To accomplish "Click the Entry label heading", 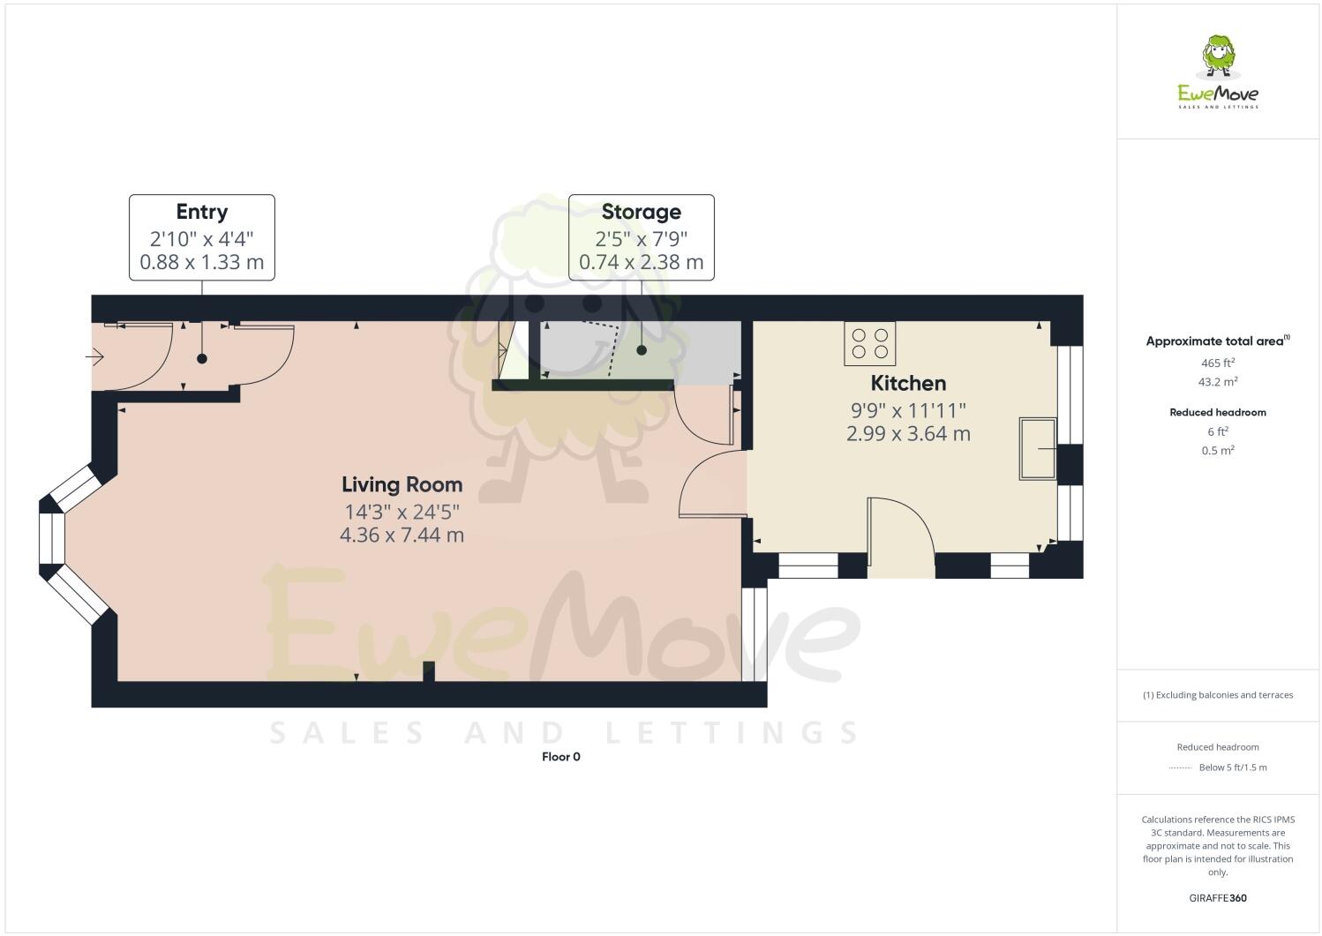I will coord(201,212).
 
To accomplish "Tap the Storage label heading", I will coord(641,212).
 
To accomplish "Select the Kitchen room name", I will coord(908,383).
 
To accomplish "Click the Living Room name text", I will coord(402,484).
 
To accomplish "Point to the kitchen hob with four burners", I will coord(870,343).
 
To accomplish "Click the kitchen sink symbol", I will coord(1038,448).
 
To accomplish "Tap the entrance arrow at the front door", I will coord(95,357).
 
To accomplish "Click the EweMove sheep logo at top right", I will coord(1219,56).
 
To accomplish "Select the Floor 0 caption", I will coord(560,757).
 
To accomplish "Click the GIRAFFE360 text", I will coord(1218,899).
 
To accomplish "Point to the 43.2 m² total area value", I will coord(1218,382).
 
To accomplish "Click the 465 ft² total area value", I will coord(1218,363).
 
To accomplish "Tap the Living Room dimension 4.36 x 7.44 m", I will coord(402,535).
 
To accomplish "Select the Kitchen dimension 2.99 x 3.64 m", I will coord(908,434).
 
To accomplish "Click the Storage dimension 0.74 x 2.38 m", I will coord(641,263).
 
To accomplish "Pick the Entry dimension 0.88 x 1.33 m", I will coord(201,263).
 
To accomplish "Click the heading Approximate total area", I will coord(1216,341).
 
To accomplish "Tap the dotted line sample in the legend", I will coord(1180,768).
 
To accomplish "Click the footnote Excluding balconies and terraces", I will coord(1218,695).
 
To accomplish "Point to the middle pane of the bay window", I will coord(52,538).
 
